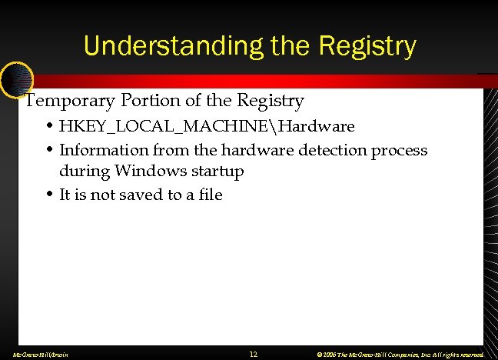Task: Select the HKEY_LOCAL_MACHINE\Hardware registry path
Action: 207,126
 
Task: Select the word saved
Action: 139,195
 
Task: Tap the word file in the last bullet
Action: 209,195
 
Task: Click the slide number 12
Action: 254,355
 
